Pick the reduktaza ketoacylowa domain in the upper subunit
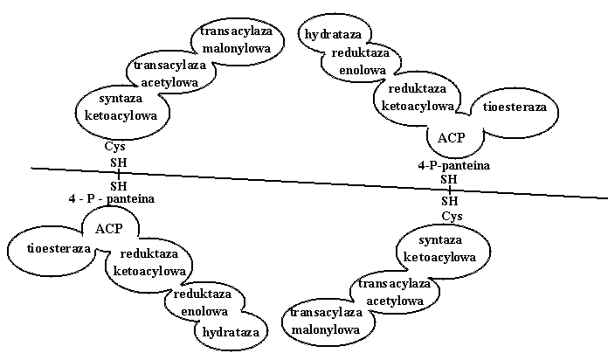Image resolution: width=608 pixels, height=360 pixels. [418, 97]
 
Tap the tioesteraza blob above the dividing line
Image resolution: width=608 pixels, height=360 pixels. [515, 107]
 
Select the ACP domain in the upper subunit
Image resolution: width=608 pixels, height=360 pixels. [453, 138]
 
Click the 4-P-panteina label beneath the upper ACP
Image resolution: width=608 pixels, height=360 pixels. [453, 165]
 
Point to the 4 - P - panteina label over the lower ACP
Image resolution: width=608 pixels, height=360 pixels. [111, 198]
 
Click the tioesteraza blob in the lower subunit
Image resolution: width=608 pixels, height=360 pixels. [46, 248]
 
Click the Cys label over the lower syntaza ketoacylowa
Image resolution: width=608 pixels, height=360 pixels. [452, 216]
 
